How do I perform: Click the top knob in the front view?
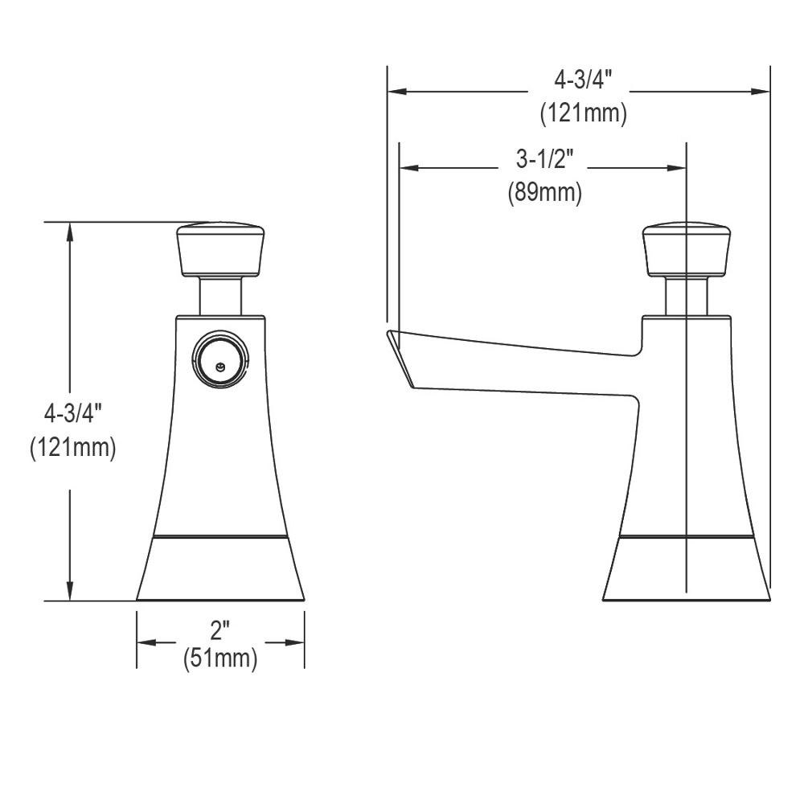coord(221,249)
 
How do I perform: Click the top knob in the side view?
coord(687,249)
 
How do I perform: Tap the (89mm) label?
coord(544,193)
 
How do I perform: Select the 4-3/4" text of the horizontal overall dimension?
coord(583,80)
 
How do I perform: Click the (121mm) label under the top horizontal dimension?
coord(583,113)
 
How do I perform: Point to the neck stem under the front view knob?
coord(221,295)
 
